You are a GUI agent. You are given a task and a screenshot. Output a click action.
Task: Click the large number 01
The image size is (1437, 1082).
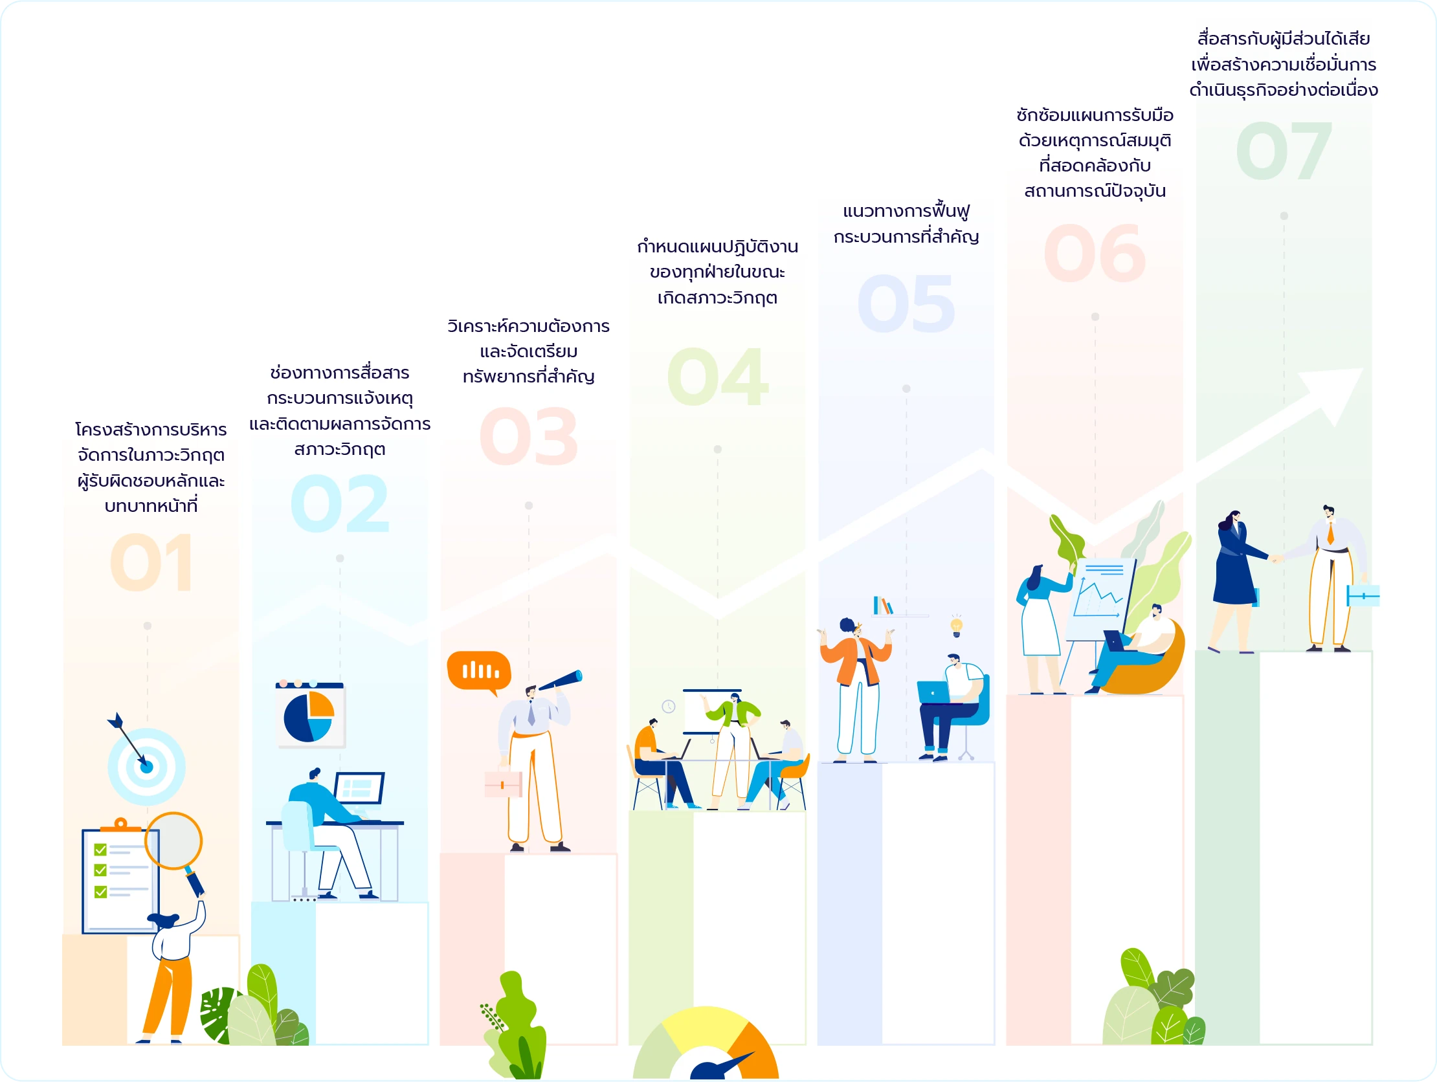coord(151,562)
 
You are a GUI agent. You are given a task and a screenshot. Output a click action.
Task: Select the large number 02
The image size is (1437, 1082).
coord(340,503)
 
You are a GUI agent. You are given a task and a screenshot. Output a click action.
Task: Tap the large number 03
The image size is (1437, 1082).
coord(528,436)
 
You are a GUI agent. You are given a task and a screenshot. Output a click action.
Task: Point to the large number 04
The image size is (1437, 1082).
coord(718,377)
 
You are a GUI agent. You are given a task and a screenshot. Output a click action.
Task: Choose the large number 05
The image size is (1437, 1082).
coord(906,304)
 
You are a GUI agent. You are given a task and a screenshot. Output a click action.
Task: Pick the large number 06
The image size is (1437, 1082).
coord(1095,253)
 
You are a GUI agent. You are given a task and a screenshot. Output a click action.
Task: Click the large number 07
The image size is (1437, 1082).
coord(1284,151)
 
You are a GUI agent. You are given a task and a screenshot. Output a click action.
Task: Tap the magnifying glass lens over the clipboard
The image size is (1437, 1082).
coord(173,841)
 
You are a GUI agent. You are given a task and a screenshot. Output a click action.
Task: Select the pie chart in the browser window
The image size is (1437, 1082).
coord(309,717)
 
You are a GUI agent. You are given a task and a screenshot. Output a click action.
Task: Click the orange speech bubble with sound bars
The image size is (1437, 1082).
coord(479,672)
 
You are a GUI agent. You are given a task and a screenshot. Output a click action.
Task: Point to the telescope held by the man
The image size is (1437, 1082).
coord(560,680)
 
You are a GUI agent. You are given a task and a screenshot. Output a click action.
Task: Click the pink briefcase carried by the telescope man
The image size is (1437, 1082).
coord(503,783)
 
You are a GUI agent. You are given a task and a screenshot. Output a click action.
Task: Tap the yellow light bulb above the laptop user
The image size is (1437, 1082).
coord(956,626)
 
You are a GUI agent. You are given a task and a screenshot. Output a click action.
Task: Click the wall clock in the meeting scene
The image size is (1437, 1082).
coord(669,707)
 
